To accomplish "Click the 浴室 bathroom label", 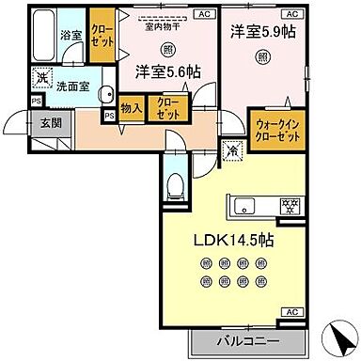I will [x=71, y=37].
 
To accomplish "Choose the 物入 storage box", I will [x=132, y=109].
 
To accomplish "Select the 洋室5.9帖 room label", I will [x=263, y=30].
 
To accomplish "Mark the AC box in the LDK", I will [x=292, y=311].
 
